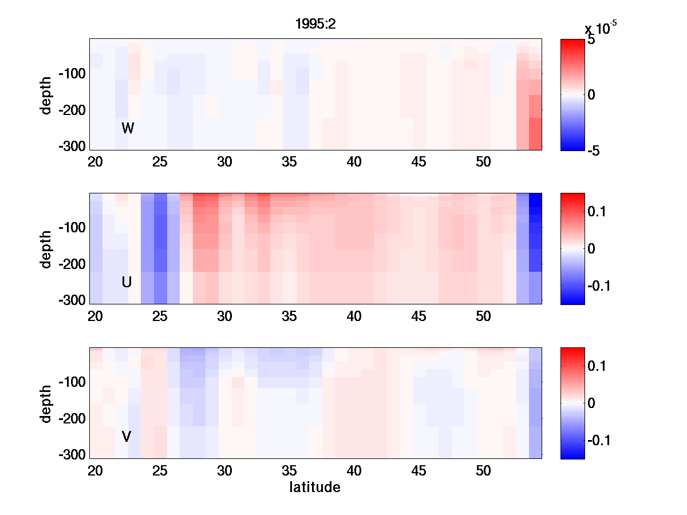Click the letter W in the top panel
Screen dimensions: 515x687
coord(128,128)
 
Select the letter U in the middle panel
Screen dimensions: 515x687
coord(127,282)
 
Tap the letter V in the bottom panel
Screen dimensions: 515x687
coord(127,437)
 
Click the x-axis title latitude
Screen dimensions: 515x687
coord(315,488)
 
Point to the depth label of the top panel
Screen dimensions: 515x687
coord(46,94)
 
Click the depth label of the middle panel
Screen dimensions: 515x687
coord(46,249)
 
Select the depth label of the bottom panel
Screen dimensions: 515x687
coord(46,403)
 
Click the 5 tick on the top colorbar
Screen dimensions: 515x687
coord(591,41)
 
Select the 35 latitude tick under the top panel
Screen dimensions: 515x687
coord(290,162)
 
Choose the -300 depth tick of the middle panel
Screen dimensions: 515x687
coord(72,300)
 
